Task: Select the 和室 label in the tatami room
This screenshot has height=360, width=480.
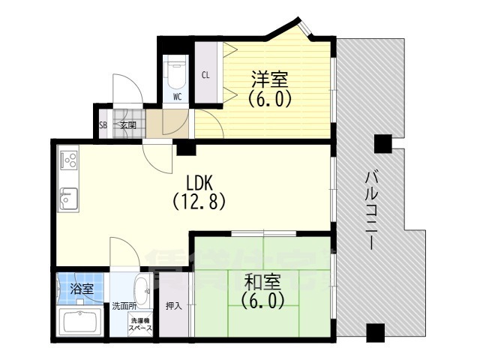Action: coord(262,282)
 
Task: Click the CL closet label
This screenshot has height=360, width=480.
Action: coord(205,74)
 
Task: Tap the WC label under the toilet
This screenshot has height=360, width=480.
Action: coord(177,97)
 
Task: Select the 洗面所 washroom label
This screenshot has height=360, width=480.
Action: coord(124,306)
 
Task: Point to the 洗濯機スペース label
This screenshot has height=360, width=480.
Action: coord(140,325)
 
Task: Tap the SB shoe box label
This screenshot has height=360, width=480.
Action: coord(103,125)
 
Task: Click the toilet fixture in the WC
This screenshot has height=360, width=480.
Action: coord(177,73)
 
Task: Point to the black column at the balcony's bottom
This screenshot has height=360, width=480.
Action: coord(375,331)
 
